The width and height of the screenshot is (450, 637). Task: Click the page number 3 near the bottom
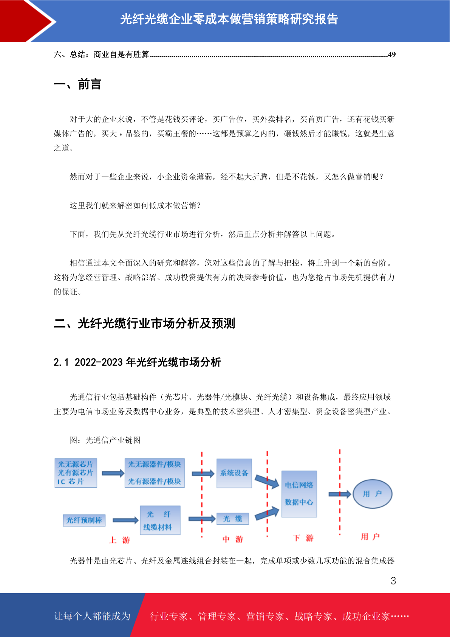pyautogui.click(x=393, y=580)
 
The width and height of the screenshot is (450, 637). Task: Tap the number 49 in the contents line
pyautogui.click(x=392, y=54)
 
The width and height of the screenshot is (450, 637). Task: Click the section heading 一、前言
pyautogui.click(x=77, y=84)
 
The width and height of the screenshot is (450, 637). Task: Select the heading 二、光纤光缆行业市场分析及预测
pyautogui.click(x=144, y=323)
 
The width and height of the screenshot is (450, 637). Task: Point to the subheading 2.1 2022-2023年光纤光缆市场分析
pyautogui.click(x=137, y=362)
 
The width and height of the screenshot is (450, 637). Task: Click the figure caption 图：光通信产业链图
pyautogui.click(x=105, y=440)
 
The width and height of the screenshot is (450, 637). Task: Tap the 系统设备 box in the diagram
pyautogui.click(x=234, y=473)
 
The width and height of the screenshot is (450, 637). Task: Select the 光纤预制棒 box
pyautogui.click(x=84, y=520)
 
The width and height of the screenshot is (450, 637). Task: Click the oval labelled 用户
pyautogui.click(x=373, y=494)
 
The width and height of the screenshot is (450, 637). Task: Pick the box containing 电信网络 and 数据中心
pyautogui.click(x=299, y=494)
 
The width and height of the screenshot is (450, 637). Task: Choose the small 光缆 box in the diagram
pyautogui.click(x=233, y=519)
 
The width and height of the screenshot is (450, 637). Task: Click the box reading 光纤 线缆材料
pyautogui.click(x=160, y=520)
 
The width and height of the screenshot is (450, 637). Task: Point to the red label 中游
pyautogui.click(x=233, y=539)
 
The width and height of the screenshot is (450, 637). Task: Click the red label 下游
pyautogui.click(x=303, y=538)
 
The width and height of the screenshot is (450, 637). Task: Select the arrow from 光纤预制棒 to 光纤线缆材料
pyautogui.click(x=125, y=520)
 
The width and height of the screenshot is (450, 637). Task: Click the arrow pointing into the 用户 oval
pyautogui.click(x=340, y=494)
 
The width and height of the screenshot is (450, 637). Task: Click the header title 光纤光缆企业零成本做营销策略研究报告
pyautogui.click(x=229, y=19)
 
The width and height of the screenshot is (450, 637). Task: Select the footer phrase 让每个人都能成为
pyautogui.click(x=92, y=616)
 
